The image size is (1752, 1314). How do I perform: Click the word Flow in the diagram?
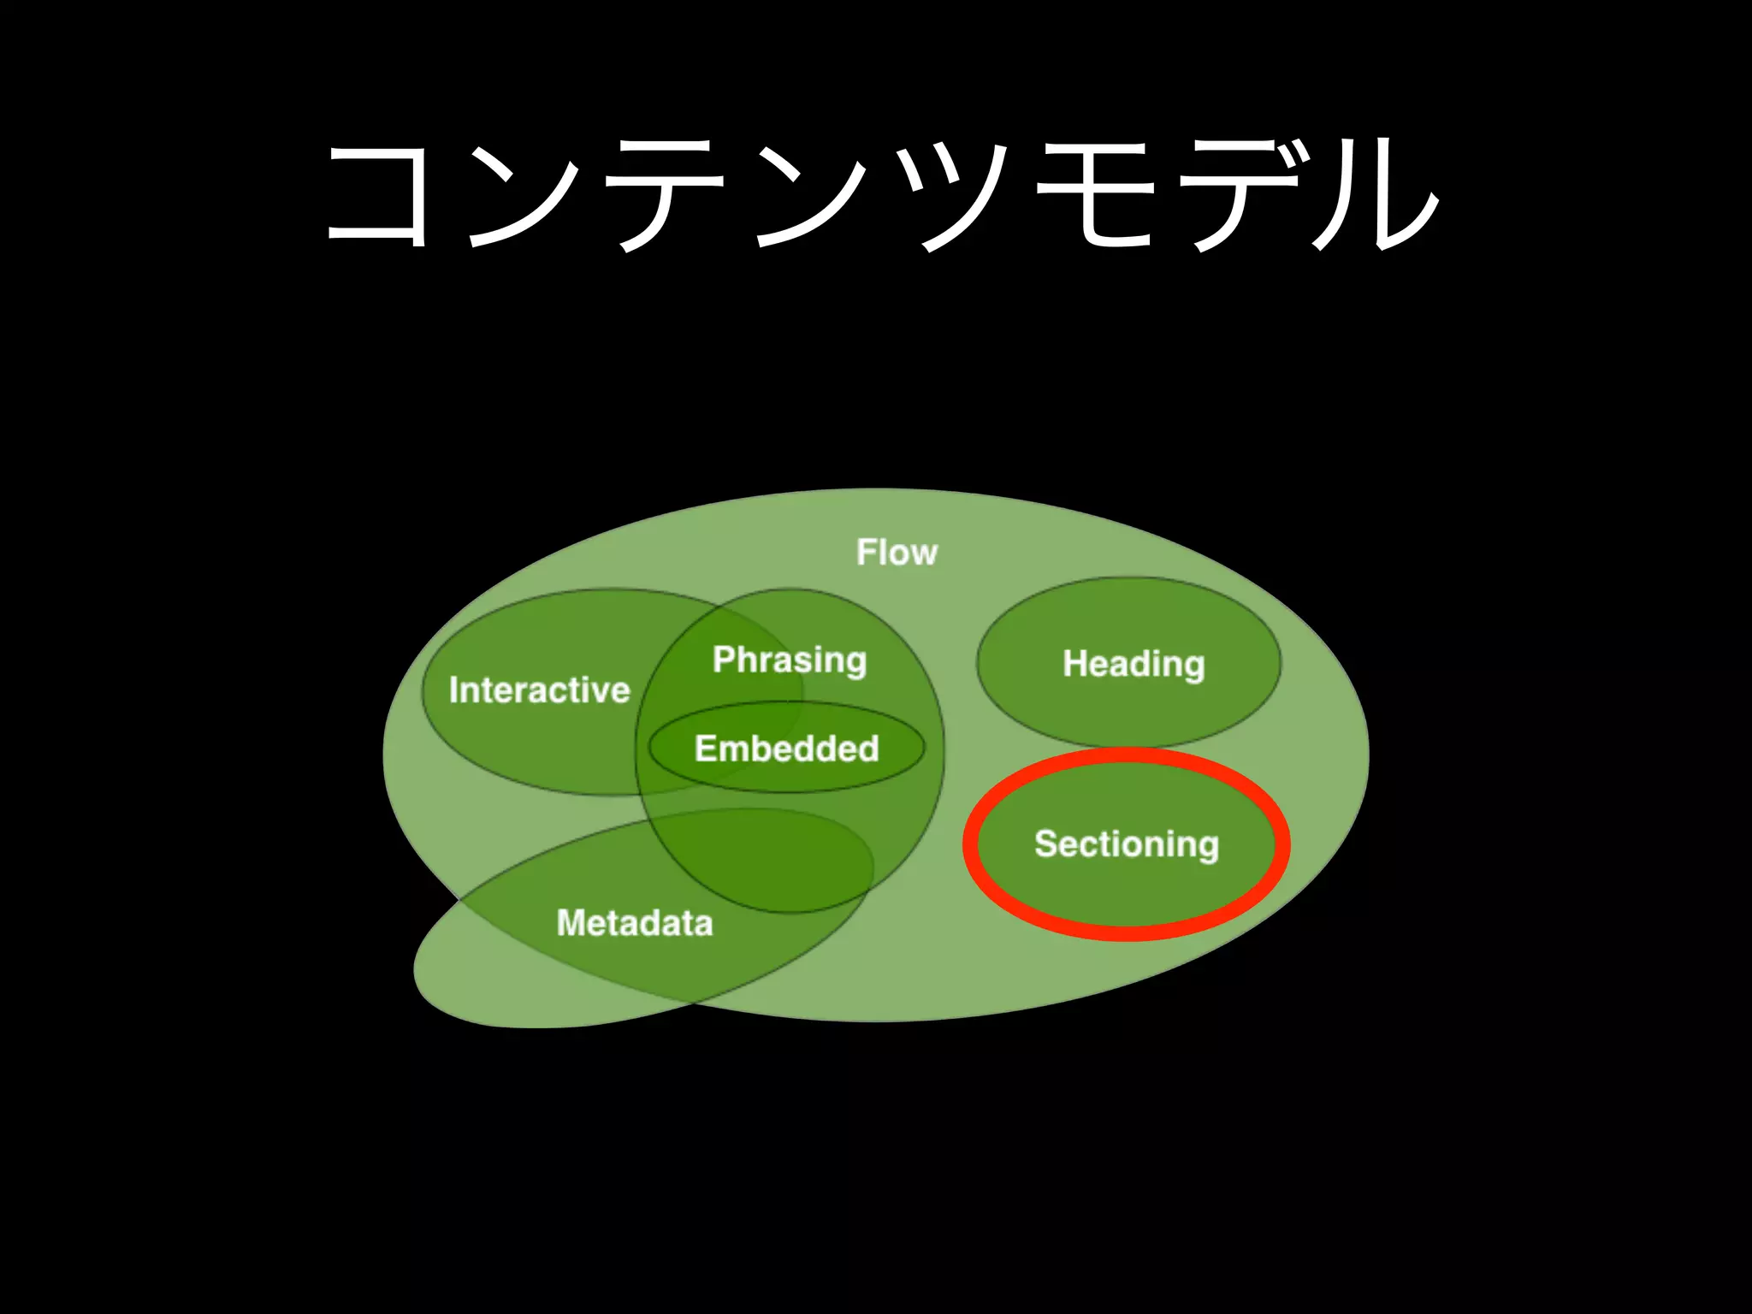[897, 553]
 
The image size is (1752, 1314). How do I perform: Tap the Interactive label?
[539, 690]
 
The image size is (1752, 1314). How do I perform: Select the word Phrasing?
[790, 660]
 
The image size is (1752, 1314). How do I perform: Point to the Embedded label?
[786, 749]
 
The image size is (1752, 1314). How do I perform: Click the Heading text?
[1133, 664]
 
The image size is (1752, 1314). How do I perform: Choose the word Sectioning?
[1126, 844]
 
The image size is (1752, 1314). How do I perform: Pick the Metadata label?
[634, 923]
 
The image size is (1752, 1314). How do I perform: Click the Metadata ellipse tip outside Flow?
[479, 992]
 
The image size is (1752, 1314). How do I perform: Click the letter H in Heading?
[1074, 663]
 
